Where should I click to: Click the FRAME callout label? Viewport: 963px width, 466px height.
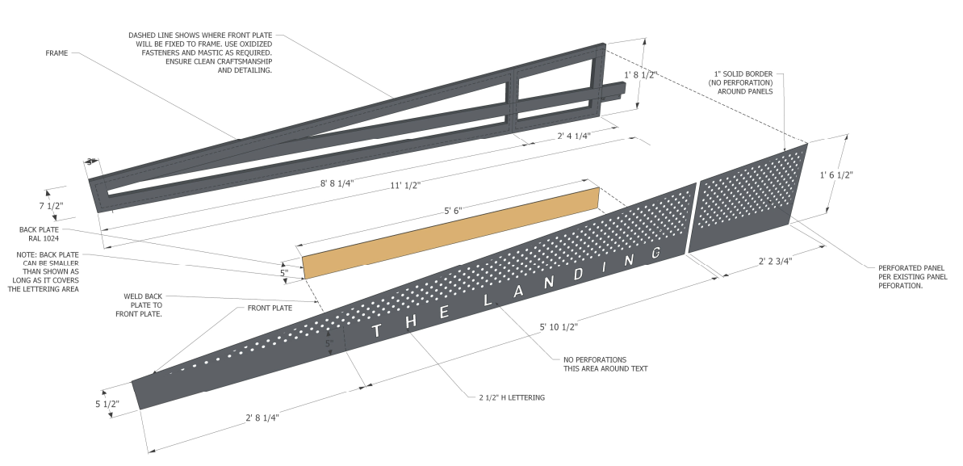pyautogui.click(x=57, y=53)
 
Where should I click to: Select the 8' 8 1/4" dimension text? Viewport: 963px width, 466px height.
pyautogui.click(x=337, y=183)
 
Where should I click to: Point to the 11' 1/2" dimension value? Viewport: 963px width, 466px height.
pyautogui.click(x=407, y=185)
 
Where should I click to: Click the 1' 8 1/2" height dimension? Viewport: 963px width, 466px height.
pyautogui.click(x=643, y=74)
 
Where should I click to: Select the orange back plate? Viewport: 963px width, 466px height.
pyautogui.click(x=452, y=233)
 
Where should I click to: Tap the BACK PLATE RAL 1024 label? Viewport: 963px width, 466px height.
pyautogui.click(x=40, y=234)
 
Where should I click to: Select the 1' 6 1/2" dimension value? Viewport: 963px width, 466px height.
pyautogui.click(x=836, y=174)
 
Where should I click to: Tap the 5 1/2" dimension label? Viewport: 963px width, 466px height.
pyautogui.click(x=107, y=404)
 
